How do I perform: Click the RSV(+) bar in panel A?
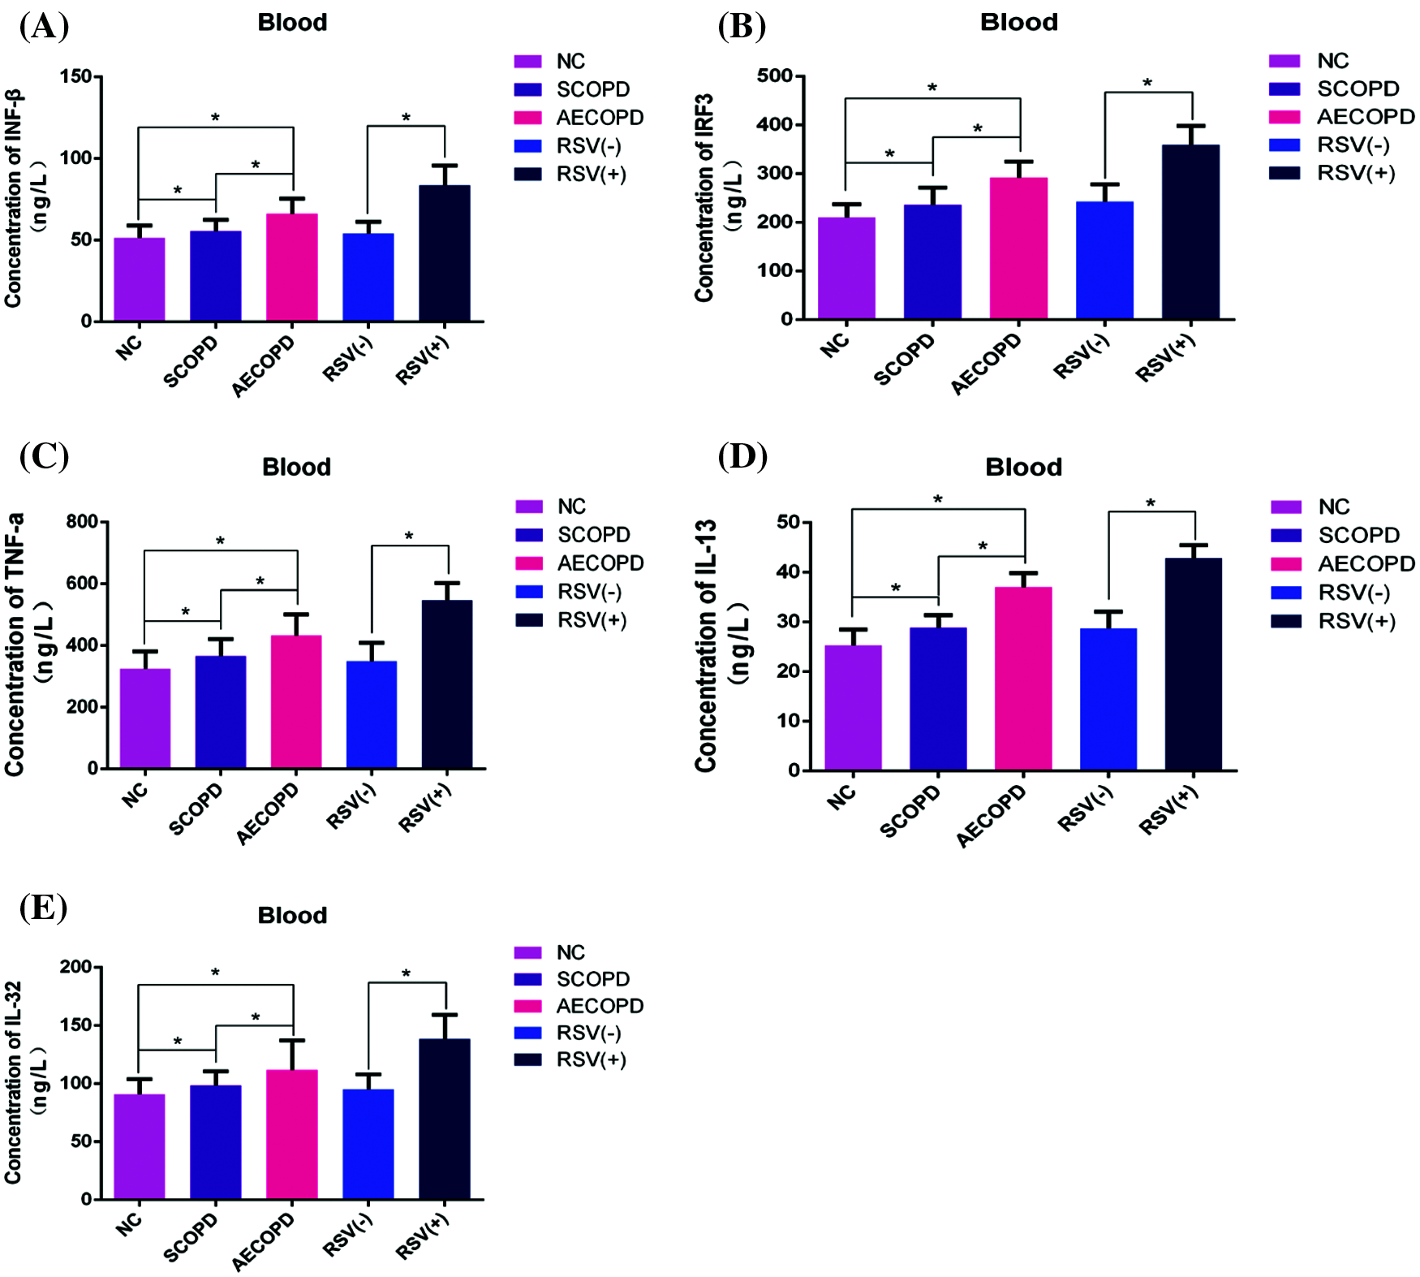(x=444, y=253)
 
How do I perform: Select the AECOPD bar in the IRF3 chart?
(x=1018, y=248)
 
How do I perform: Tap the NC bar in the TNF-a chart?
(x=144, y=718)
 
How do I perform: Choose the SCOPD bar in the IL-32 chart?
(x=215, y=1141)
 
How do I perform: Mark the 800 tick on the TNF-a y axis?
(x=82, y=521)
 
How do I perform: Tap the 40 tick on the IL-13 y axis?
(x=788, y=572)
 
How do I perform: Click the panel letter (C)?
(x=44, y=456)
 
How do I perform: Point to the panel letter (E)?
(x=43, y=906)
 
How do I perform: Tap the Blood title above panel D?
(x=1023, y=467)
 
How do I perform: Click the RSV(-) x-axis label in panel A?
(x=347, y=358)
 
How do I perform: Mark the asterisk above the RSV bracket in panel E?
(x=406, y=973)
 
